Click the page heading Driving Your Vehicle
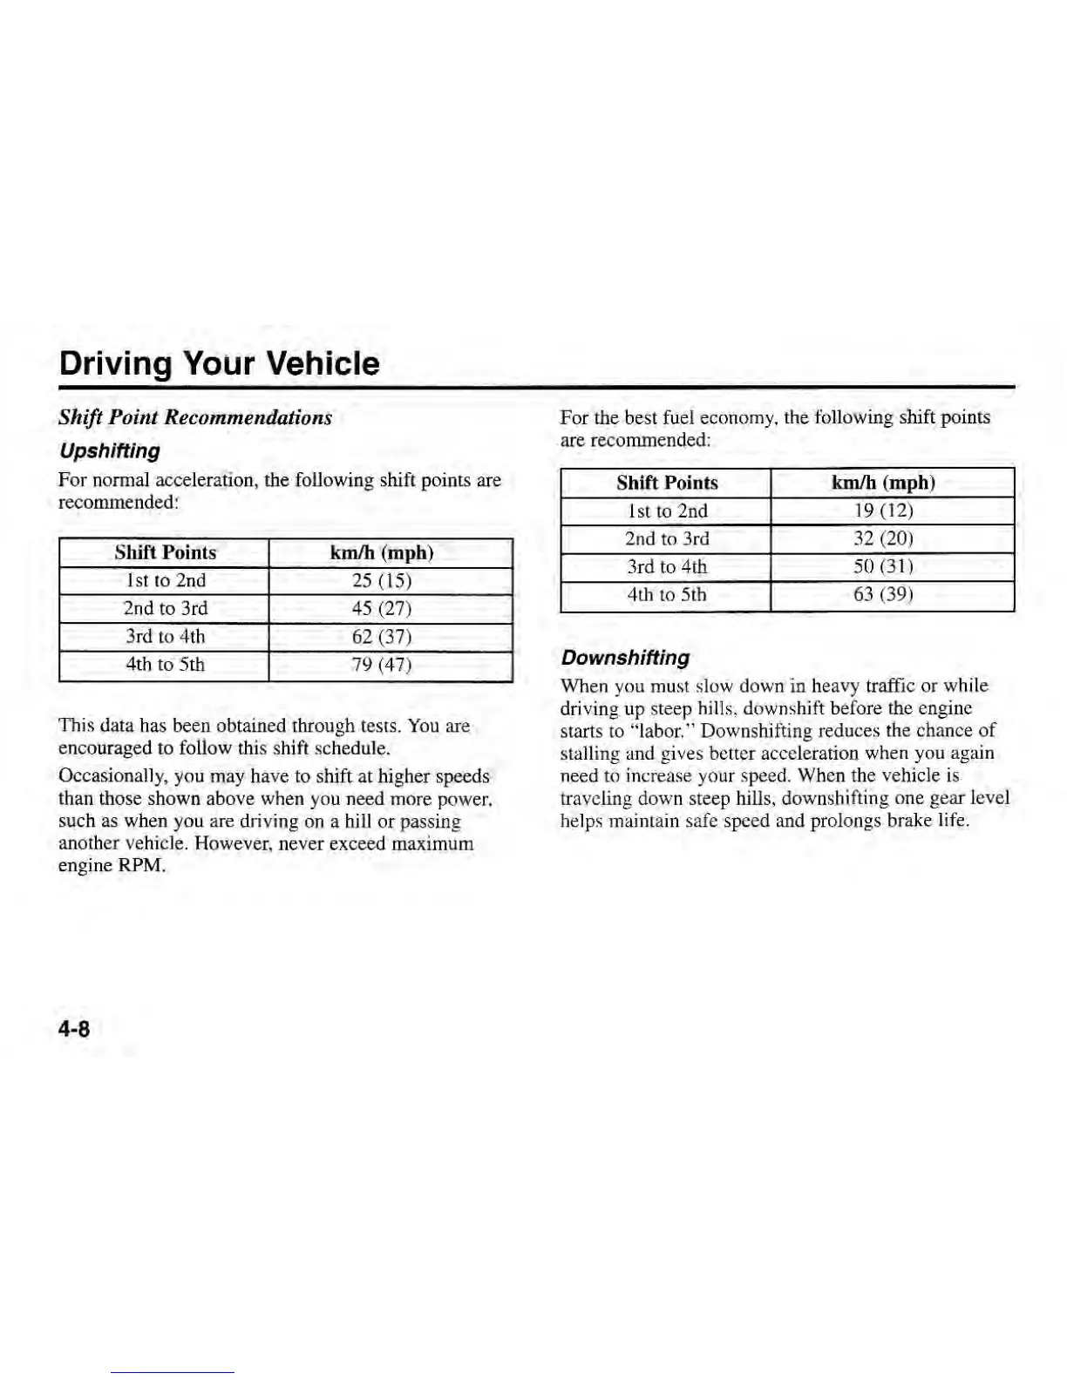point(219,363)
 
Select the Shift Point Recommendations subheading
point(195,417)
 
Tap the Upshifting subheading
point(109,451)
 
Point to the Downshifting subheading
point(625,658)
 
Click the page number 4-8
point(74,1029)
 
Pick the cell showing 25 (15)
point(382,581)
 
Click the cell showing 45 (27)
point(382,609)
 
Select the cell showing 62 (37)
point(382,637)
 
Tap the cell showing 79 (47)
point(382,665)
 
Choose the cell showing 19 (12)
point(883,511)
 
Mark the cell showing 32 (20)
point(883,538)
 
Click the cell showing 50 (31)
point(883,567)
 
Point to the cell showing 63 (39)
point(883,595)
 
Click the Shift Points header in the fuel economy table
point(667,483)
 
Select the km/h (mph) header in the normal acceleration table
point(382,553)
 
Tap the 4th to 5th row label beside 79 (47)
point(165,665)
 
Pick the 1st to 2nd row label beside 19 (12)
point(667,511)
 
